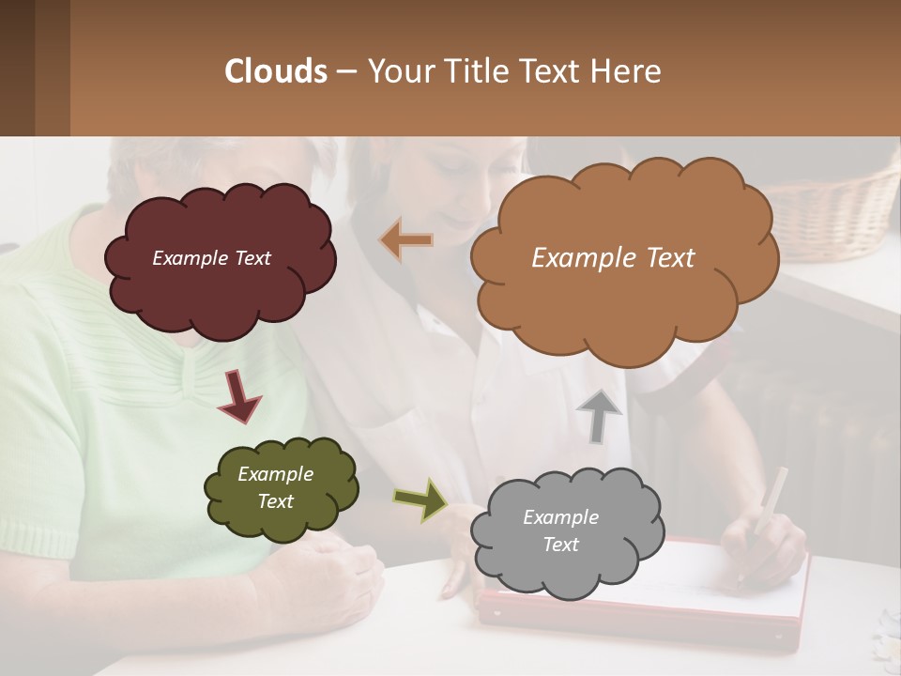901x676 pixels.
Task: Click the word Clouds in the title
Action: (x=276, y=71)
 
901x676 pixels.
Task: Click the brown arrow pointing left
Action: (x=406, y=240)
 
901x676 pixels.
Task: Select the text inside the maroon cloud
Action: (x=211, y=258)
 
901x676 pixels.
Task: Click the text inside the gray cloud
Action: (x=560, y=530)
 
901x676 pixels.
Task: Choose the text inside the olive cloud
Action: (x=275, y=487)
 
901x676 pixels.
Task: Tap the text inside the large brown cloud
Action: (x=613, y=258)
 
